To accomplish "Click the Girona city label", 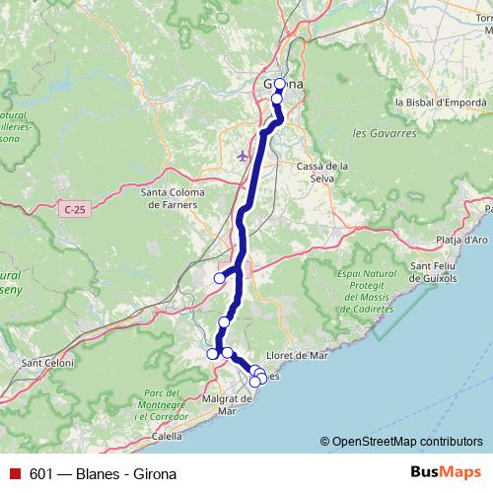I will point(284,86).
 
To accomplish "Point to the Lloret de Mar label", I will point(296,355).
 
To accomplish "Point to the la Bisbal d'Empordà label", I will point(440,102).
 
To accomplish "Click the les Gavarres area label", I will point(373,132).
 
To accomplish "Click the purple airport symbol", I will point(245,155).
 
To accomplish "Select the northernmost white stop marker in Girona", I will point(280,83).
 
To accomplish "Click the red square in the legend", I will point(14,472).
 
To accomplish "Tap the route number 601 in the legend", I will point(39,472).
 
